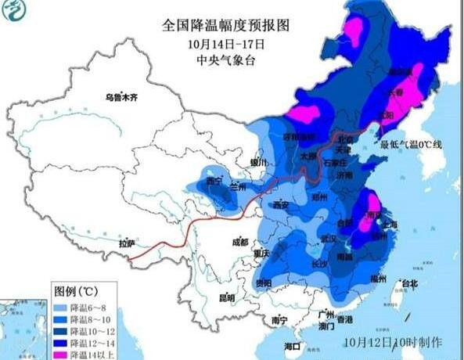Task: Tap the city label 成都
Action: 240,242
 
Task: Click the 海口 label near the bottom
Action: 292,346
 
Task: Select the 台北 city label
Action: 408,283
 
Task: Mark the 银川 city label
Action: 258,162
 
